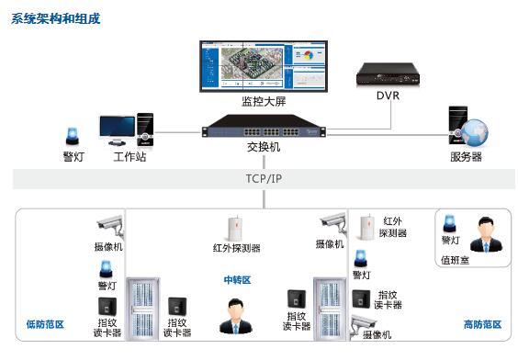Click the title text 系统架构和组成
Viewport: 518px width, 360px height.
(56, 18)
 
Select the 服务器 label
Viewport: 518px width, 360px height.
(466, 157)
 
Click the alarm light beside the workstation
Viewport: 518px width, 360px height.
(73, 137)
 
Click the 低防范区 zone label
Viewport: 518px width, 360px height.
(44, 324)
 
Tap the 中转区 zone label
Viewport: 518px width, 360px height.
(237, 279)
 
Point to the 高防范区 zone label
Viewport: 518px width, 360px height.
(482, 324)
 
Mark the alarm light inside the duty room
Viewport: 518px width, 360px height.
(450, 223)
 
